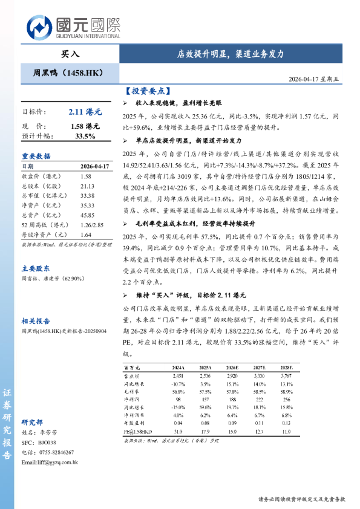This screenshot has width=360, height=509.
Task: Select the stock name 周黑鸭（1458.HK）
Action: point(68,73)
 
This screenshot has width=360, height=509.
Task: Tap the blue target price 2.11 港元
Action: point(85,112)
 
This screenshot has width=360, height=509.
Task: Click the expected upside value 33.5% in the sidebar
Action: point(85,136)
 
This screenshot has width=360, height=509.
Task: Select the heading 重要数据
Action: point(36,155)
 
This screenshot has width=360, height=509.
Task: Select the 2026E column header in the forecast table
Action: point(233,368)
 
